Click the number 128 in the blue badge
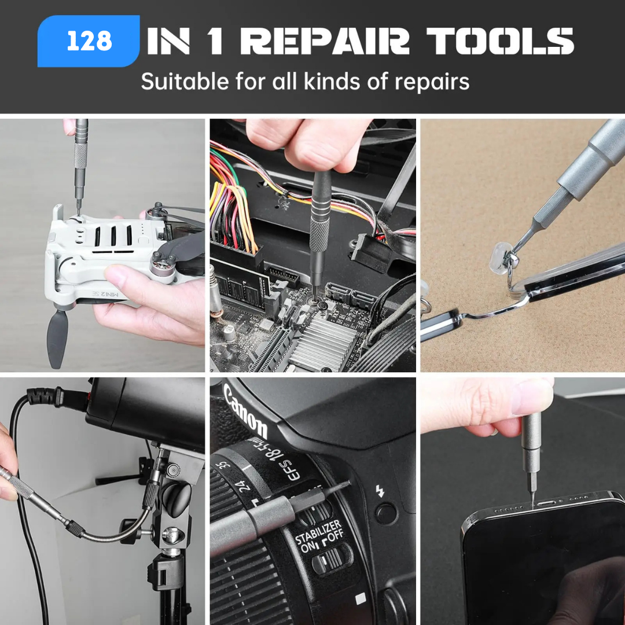[x=89, y=41]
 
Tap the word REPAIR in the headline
[x=325, y=41]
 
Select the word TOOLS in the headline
[x=500, y=41]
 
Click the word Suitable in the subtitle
[x=185, y=82]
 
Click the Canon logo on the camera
[x=245, y=410]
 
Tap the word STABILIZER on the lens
[x=318, y=532]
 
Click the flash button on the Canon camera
[x=386, y=513]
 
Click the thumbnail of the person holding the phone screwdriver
[x=523, y=501]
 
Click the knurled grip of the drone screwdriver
[x=80, y=156]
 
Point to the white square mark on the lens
[x=361, y=598]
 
